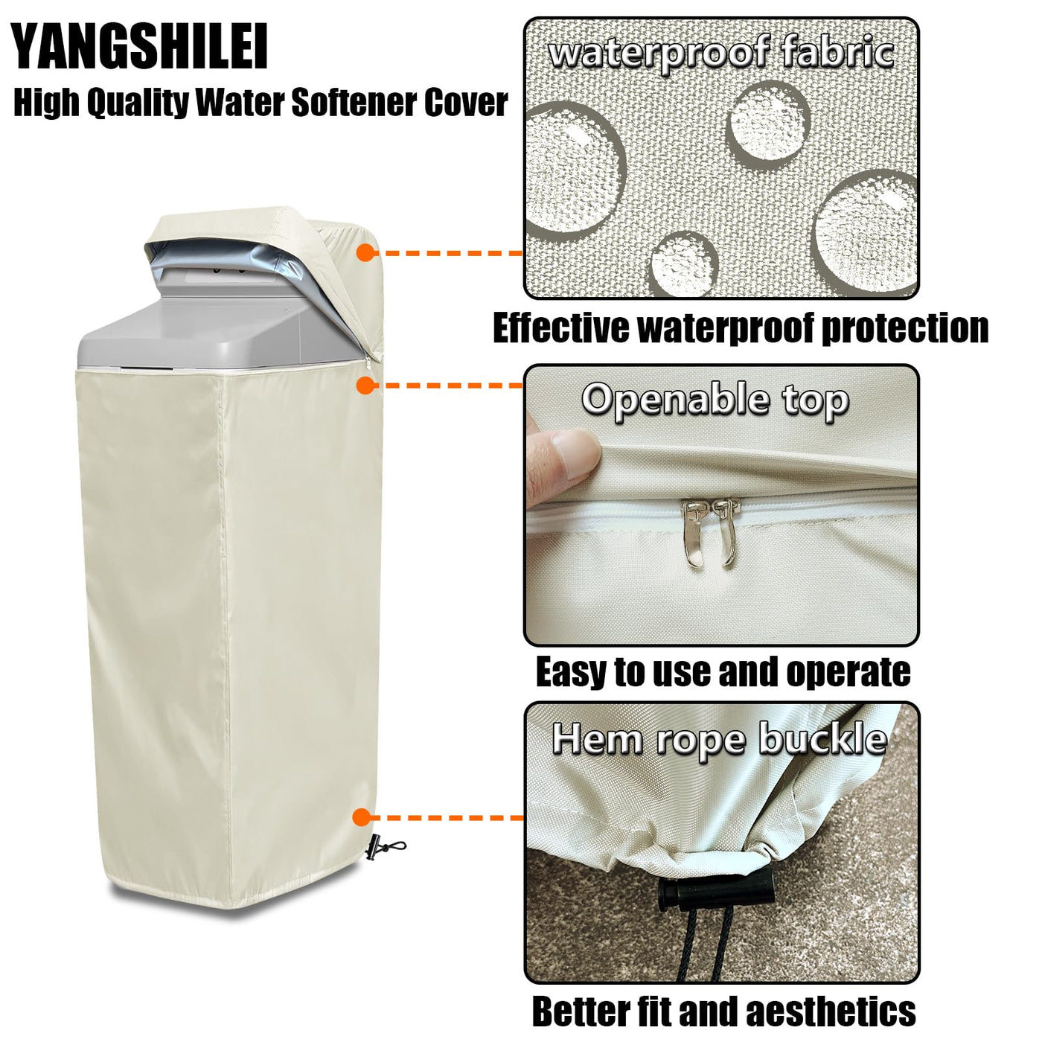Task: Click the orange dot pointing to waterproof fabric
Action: [x=366, y=252]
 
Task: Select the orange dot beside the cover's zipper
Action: [x=366, y=385]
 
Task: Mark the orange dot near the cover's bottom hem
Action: [x=362, y=817]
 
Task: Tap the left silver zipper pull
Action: [x=693, y=533]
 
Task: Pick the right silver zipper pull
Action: [x=726, y=531]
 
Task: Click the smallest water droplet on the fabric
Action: [x=684, y=264]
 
